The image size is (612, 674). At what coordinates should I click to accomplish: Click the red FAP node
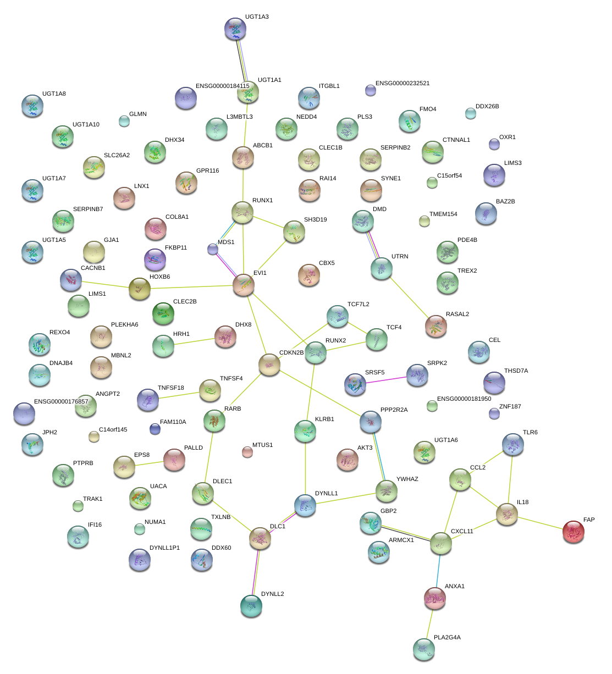click(x=573, y=532)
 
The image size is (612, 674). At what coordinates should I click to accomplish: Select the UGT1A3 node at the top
click(x=235, y=29)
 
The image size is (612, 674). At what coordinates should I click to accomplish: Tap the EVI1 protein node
click(x=243, y=285)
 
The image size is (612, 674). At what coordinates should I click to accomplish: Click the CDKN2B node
click(x=269, y=364)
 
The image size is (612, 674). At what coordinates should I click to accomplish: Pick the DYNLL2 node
click(x=251, y=605)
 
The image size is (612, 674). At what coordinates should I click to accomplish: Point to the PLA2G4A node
click(x=423, y=649)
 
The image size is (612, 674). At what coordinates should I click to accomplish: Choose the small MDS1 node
click(x=213, y=250)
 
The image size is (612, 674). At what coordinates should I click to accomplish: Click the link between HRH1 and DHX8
click(x=194, y=342)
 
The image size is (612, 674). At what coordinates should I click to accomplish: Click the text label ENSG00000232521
click(x=403, y=84)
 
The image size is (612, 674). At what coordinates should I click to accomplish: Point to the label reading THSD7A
click(x=516, y=371)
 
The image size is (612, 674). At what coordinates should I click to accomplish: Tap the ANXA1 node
click(x=435, y=598)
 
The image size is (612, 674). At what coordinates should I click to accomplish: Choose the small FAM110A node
click(x=155, y=429)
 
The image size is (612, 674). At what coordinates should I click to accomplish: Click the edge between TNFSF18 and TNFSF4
click(x=179, y=395)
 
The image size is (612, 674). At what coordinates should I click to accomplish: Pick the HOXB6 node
click(x=139, y=288)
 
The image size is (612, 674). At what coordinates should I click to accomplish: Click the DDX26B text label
click(x=487, y=107)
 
